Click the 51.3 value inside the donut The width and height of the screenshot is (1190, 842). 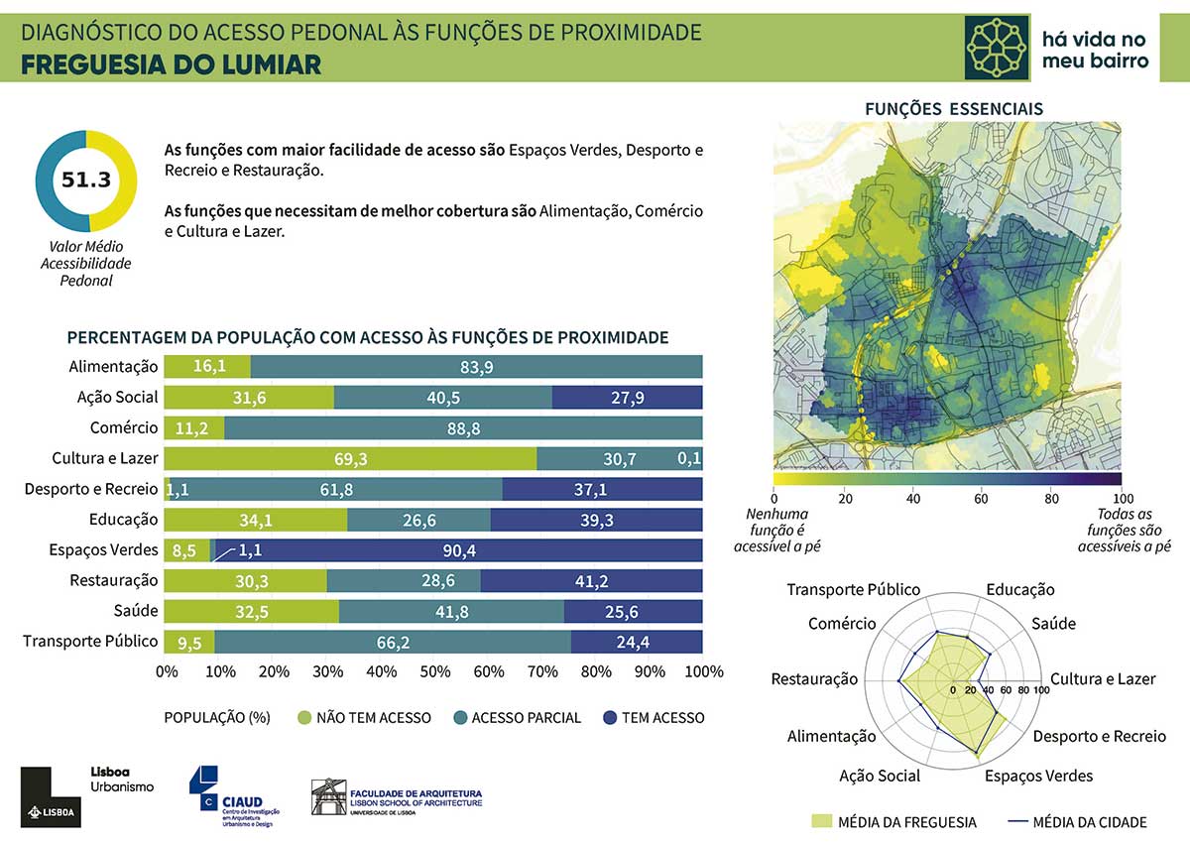[85, 180]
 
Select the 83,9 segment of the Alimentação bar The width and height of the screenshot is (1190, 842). [477, 367]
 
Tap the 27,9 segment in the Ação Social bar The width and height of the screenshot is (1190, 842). [627, 398]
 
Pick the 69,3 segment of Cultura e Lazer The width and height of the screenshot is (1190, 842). [350, 459]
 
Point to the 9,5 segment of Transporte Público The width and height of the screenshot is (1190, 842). [189, 643]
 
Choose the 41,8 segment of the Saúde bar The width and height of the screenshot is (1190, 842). [451, 612]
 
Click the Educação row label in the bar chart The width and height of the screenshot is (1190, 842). [123, 519]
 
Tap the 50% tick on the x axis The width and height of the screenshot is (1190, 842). [434, 672]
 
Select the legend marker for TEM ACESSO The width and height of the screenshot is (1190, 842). [610, 717]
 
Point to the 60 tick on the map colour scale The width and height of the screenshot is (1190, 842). [981, 498]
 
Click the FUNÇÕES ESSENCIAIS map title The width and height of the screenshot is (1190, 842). [953, 109]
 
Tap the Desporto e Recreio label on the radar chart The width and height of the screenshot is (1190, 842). [1099, 737]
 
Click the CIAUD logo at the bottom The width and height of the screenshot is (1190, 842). [236, 793]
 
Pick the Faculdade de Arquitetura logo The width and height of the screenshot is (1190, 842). [397, 797]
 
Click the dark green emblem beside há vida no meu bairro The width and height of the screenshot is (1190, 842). [997, 47]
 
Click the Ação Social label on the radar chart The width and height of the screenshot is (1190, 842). [880, 776]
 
